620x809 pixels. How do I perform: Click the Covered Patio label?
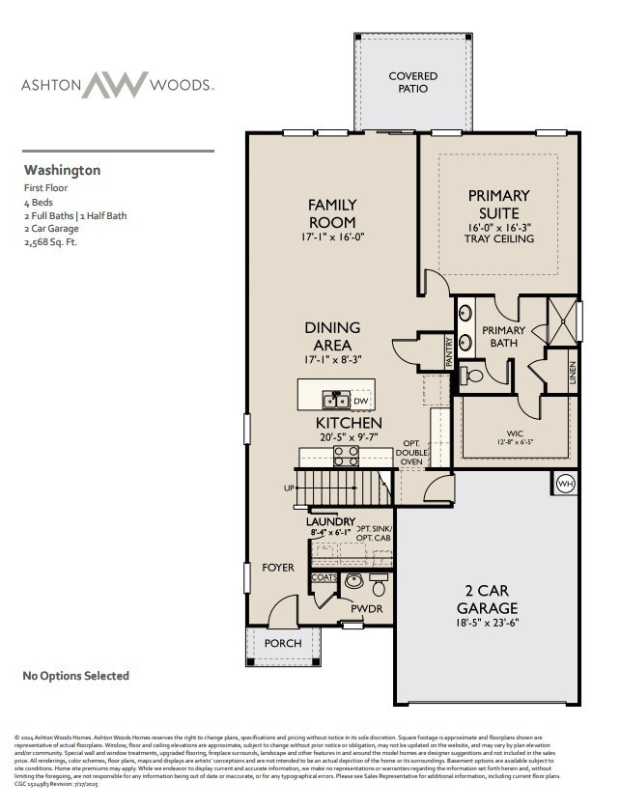(x=412, y=82)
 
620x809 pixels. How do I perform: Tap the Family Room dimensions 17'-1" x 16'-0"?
(x=332, y=237)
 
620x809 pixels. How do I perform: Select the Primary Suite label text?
(x=499, y=204)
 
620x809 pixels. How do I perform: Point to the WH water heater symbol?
(x=565, y=484)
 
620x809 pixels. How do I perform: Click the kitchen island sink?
(x=336, y=399)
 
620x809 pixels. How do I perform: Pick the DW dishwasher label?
(x=360, y=401)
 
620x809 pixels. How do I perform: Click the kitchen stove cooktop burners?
(x=347, y=456)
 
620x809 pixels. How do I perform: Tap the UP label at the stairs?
(x=289, y=488)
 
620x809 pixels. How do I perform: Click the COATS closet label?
(x=324, y=577)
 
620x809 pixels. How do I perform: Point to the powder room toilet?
(x=379, y=586)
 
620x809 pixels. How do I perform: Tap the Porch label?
(x=283, y=643)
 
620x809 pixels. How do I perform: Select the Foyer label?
(x=278, y=568)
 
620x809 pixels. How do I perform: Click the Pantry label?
(x=449, y=350)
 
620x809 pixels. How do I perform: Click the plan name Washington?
(x=62, y=170)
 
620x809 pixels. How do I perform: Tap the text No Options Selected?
(x=75, y=676)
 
